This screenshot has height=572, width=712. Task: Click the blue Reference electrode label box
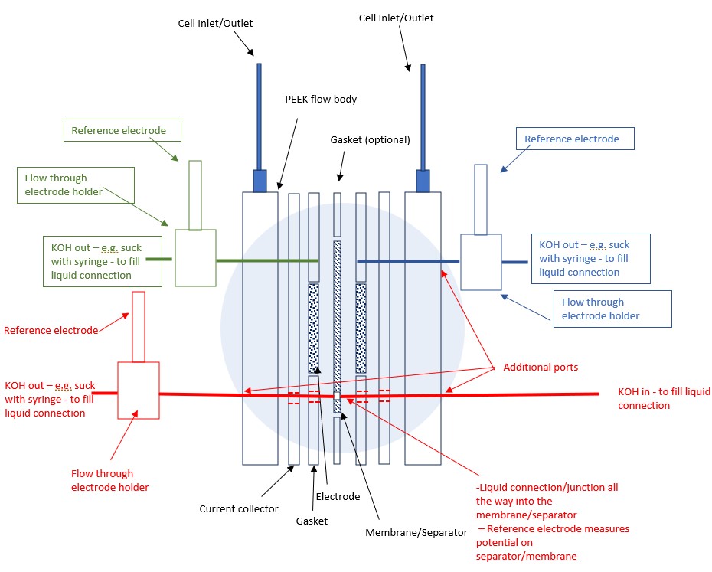point(572,139)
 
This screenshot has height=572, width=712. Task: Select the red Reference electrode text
point(51,331)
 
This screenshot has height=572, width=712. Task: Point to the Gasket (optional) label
point(371,140)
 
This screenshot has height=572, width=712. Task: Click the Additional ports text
point(540,368)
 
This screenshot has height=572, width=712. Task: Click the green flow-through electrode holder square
point(195,258)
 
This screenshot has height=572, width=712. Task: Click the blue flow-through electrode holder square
point(481,262)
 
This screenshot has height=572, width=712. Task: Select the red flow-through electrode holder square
point(138,390)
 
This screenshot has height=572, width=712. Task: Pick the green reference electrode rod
point(195,195)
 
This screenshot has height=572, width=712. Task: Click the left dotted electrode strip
point(313,328)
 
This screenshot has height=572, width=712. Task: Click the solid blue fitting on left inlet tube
point(259,181)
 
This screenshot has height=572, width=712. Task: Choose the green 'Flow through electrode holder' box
point(76,185)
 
